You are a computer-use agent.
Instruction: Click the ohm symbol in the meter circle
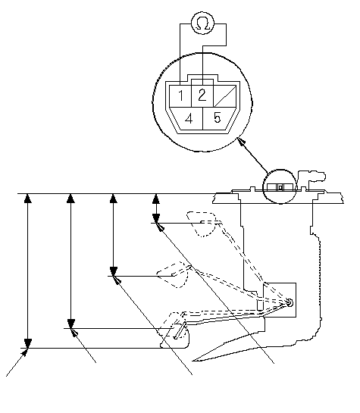(x=203, y=24)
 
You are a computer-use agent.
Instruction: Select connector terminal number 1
(x=180, y=95)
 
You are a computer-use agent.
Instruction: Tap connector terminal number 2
(x=202, y=95)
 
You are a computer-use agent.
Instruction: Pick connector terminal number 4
(x=189, y=118)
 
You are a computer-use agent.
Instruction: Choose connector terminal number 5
(x=218, y=117)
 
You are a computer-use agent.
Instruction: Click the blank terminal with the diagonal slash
(x=224, y=96)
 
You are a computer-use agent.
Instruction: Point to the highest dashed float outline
(x=202, y=224)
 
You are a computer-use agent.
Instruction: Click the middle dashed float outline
(x=173, y=274)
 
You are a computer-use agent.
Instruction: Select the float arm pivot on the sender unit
(x=290, y=302)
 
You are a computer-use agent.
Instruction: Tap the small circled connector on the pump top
(x=280, y=186)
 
